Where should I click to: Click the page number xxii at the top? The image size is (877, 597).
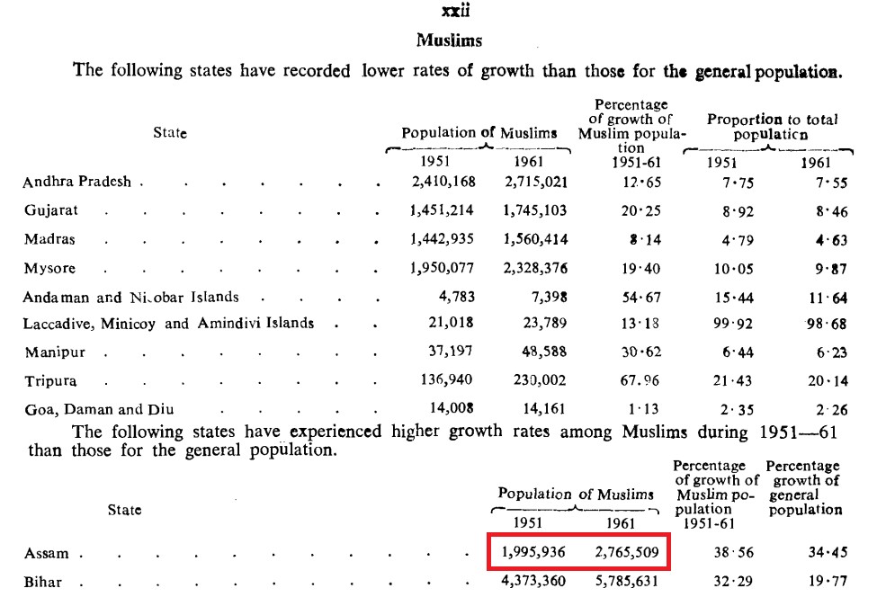coord(455,11)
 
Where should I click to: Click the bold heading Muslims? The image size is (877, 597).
coord(449,40)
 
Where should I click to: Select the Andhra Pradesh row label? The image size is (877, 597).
coord(76,182)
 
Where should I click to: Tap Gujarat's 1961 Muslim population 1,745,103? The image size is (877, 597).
coord(534,210)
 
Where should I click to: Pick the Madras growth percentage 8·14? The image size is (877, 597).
coord(645,240)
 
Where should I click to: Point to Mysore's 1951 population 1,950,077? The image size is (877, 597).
coord(442,268)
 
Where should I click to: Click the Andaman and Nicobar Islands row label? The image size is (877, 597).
coord(131,297)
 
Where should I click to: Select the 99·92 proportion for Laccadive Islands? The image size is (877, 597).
coord(733,324)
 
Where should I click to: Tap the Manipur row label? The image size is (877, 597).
coord(55,352)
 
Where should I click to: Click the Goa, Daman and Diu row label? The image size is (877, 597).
coord(99,409)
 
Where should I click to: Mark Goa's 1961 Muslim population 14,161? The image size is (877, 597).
coord(543,409)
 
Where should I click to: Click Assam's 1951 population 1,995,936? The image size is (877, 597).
coord(533,552)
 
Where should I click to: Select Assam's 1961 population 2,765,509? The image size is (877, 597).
coord(626,552)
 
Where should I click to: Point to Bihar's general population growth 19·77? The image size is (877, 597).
coord(828,582)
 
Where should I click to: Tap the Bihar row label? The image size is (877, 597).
coord(42,582)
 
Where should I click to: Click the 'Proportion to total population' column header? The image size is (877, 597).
coord(772,127)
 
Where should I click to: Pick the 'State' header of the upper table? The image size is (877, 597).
coord(170,132)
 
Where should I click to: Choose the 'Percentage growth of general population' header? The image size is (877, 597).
coord(804,487)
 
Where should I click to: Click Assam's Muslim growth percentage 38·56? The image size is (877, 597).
coord(734,552)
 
